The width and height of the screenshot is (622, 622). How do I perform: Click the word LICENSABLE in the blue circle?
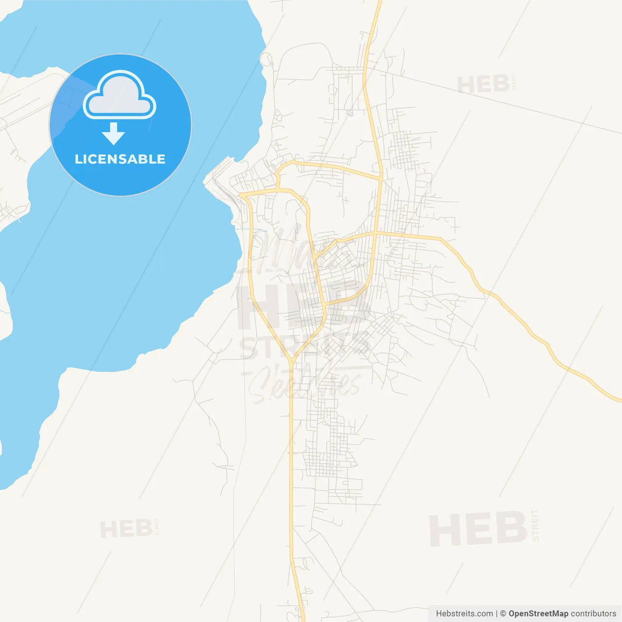[x=120, y=159]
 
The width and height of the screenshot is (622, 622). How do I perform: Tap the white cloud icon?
[x=120, y=96]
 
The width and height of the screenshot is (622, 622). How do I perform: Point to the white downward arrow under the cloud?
[x=113, y=133]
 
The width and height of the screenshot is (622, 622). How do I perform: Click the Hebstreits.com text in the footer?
[x=464, y=614]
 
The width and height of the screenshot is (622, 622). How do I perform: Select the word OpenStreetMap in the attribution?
[x=538, y=614]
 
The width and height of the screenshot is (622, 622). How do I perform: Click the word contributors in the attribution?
[x=593, y=614]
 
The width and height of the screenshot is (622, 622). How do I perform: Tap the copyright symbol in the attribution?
[x=503, y=614]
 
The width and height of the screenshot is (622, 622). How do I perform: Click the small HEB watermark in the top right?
[x=483, y=85]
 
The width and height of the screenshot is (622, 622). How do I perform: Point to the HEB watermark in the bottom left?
[x=126, y=529]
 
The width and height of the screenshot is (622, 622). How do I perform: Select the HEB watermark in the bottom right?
[x=478, y=529]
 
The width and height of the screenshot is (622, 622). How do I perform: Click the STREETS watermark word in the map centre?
[x=305, y=346]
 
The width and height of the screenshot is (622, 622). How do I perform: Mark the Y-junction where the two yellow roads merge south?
[x=292, y=361]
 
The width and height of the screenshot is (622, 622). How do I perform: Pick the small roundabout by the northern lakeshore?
[x=266, y=59]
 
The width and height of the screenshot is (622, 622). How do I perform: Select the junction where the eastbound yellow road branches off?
[x=376, y=234]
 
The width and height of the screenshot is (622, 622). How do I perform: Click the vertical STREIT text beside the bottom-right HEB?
[x=535, y=525]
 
